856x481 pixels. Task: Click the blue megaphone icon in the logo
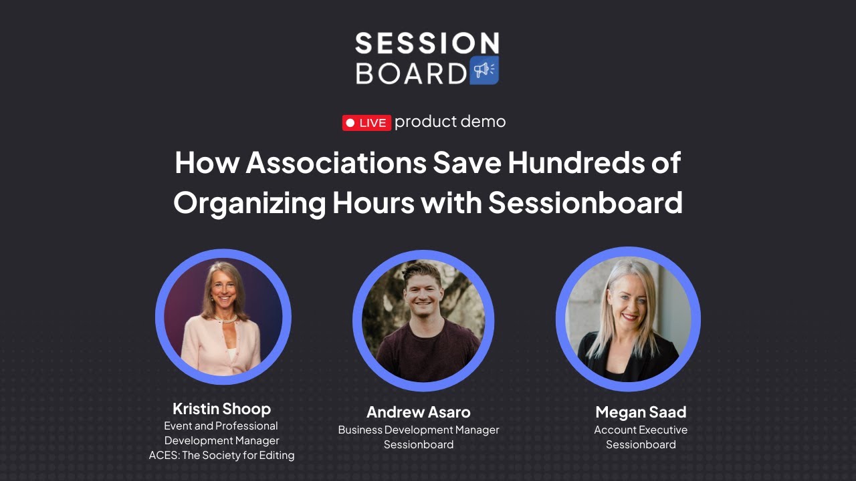tap(484, 70)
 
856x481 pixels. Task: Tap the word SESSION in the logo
tap(427, 43)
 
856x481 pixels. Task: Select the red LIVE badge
tap(366, 123)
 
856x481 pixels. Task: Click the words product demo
tap(450, 122)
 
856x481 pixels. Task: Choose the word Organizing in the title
tap(248, 202)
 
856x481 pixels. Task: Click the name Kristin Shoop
tap(221, 408)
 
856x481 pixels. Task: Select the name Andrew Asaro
tap(419, 412)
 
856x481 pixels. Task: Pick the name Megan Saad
tap(641, 412)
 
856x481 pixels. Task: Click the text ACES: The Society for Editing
tap(221, 456)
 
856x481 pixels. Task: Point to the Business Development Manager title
tap(419, 430)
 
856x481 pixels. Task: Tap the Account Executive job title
tap(641, 430)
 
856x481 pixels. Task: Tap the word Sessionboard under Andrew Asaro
tap(419, 445)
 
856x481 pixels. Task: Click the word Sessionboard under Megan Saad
tap(641, 445)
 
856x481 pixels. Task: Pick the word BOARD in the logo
tap(411, 73)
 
